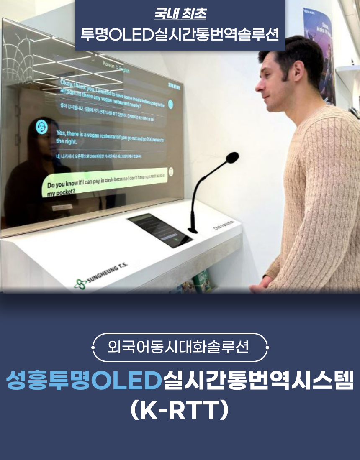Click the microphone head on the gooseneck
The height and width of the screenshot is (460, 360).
pyautogui.click(x=231, y=158)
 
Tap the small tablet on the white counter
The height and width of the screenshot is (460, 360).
pyautogui.click(x=159, y=230)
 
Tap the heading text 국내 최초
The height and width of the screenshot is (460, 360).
pyautogui.click(x=180, y=13)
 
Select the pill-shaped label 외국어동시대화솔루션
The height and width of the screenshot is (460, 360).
pyautogui.click(x=180, y=347)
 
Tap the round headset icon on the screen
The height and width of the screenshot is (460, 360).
pyautogui.click(x=41, y=127)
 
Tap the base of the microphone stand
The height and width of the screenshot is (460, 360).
pyautogui.click(x=193, y=230)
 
